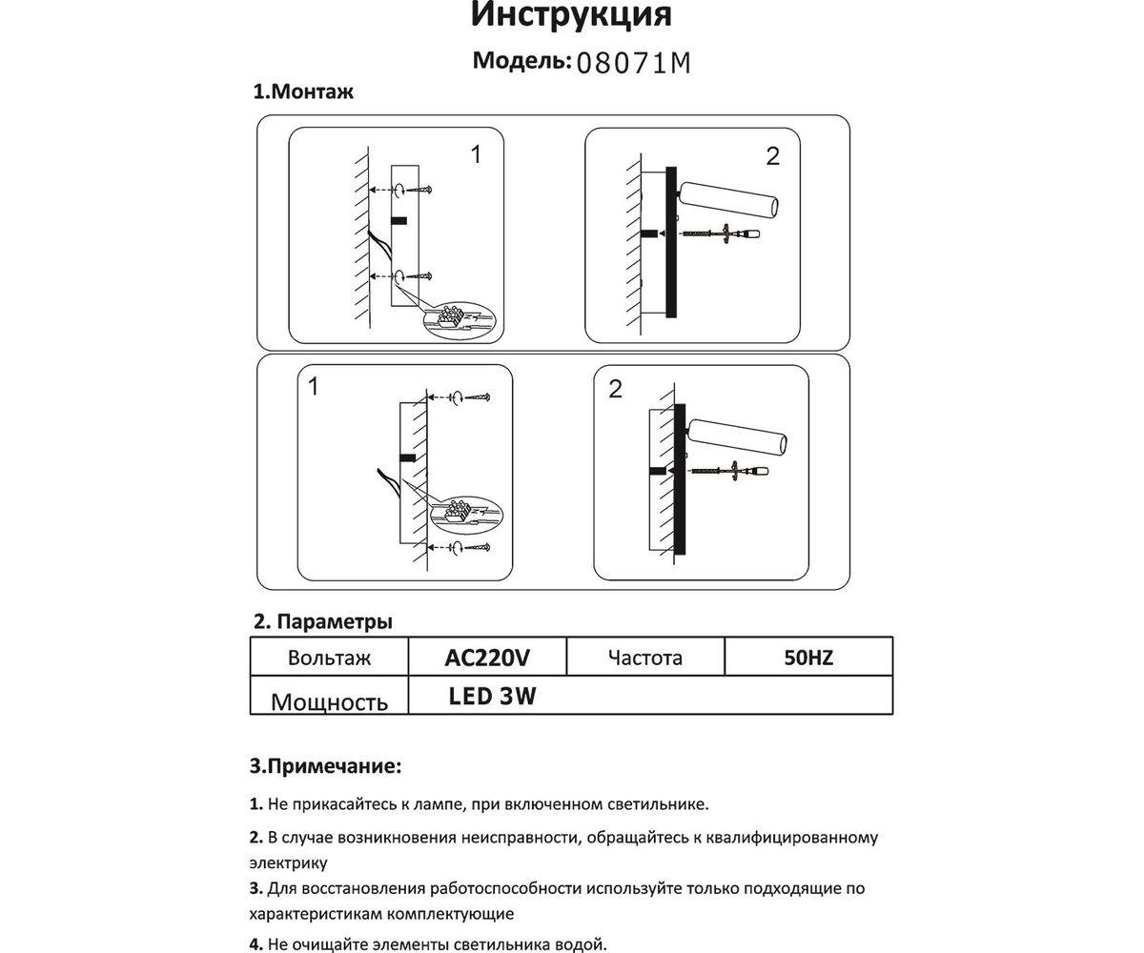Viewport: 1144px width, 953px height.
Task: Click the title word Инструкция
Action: [572, 15]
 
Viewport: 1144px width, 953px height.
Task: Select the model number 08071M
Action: [633, 64]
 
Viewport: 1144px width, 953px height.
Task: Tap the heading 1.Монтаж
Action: [302, 92]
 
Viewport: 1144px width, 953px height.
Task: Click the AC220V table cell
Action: [487, 658]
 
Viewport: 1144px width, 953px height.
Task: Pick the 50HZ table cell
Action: [807, 658]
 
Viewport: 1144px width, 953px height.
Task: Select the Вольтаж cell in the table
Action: [329, 658]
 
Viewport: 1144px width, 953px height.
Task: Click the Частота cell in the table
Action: [645, 658]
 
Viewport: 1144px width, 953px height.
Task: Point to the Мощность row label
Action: [329, 702]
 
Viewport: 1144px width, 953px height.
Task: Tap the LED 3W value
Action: [492, 697]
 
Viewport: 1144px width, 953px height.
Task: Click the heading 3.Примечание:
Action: [325, 765]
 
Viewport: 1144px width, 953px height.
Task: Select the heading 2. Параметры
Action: [322, 622]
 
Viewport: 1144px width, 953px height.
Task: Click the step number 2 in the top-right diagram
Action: [772, 156]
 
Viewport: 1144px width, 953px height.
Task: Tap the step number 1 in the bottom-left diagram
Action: [314, 387]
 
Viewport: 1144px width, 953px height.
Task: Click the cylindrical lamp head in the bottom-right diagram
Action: [738, 437]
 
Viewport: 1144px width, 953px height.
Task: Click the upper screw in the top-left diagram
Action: [424, 189]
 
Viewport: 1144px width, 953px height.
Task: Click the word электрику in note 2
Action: [289, 863]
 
